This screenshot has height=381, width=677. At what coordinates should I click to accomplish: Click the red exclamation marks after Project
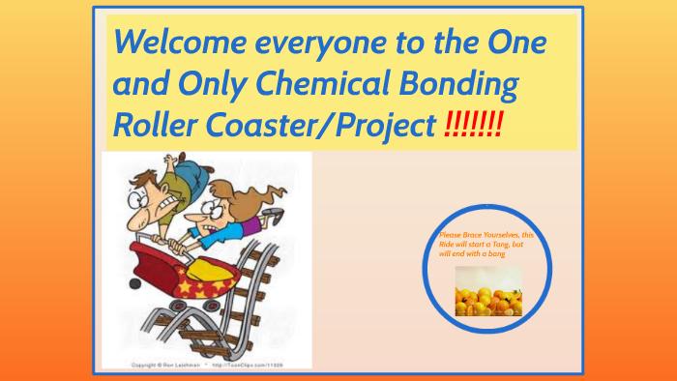(473, 127)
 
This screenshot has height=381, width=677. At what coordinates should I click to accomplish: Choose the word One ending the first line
(513, 44)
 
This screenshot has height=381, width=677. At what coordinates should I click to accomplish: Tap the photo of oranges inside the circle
(488, 291)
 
